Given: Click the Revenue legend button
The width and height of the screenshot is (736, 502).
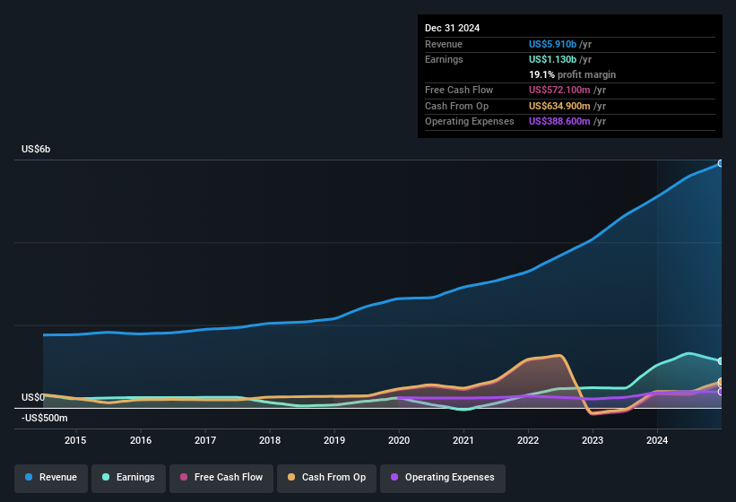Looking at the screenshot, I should click(52, 477).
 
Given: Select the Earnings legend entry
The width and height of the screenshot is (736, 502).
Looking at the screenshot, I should click(128, 477).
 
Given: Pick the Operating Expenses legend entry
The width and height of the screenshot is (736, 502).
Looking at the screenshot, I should click(442, 477).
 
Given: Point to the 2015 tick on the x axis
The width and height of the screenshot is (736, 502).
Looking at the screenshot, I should click(75, 440).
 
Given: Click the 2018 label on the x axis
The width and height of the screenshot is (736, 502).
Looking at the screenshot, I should click(270, 440).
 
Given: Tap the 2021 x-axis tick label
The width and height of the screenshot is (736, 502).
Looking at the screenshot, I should click(463, 440).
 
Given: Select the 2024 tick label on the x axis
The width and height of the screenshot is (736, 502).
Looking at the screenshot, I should click(657, 440).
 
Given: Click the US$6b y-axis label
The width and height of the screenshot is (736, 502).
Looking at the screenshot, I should click(36, 149).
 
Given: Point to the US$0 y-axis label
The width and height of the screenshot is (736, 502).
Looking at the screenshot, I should click(33, 397).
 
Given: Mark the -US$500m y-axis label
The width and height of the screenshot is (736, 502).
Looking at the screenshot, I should click(44, 418).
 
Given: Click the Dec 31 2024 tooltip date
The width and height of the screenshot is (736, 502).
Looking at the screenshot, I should click(452, 28).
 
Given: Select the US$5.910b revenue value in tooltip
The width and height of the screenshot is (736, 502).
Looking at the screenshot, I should click(553, 44).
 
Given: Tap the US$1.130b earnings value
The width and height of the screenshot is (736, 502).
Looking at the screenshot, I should click(553, 59).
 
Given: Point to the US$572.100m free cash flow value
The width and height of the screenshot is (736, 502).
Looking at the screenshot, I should click(558, 90).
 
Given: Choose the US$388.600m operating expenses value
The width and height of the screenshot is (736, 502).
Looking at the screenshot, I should click(558, 121).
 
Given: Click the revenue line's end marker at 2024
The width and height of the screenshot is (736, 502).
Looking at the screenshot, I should click(720, 164).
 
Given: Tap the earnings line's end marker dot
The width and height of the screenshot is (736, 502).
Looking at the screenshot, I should click(720, 360).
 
